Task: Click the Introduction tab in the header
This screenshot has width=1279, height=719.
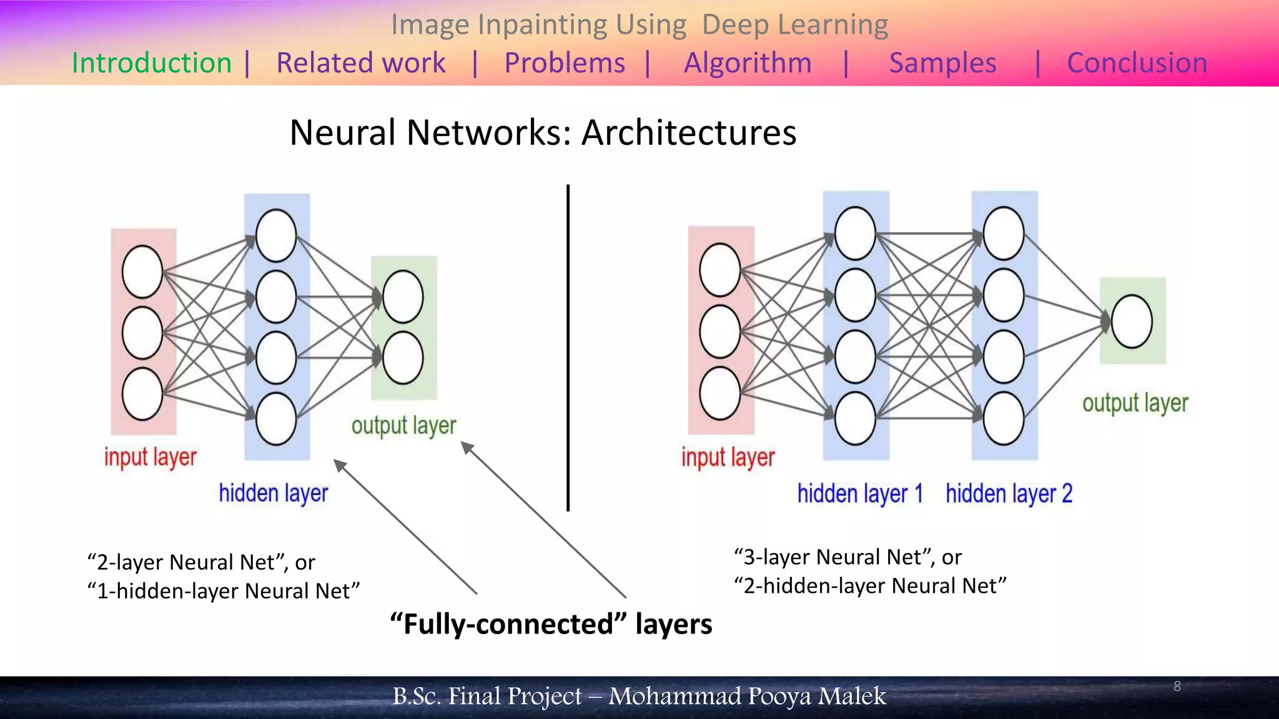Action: (152, 63)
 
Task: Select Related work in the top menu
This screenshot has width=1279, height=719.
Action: (361, 63)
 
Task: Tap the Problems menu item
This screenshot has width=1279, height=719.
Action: (565, 63)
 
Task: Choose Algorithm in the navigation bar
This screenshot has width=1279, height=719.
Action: (748, 63)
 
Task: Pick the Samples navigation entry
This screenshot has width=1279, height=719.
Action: (942, 63)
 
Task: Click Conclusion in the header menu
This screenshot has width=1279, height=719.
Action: (1137, 63)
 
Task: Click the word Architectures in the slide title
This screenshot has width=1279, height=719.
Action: (689, 133)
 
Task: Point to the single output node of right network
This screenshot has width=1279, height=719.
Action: (1132, 321)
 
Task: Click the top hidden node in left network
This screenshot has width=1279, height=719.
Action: (276, 235)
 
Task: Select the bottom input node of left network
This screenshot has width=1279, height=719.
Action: (142, 394)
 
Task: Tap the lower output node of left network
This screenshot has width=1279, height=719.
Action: (403, 358)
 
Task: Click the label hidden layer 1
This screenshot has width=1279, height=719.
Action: (860, 494)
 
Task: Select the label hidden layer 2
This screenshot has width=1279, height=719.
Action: (1009, 494)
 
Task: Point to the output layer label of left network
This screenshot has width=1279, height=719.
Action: (403, 426)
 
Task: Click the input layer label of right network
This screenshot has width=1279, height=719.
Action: (728, 457)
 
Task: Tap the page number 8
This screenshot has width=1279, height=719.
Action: (1177, 687)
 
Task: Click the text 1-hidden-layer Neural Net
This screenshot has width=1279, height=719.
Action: (224, 590)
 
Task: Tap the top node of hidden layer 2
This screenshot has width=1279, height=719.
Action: (1003, 233)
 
